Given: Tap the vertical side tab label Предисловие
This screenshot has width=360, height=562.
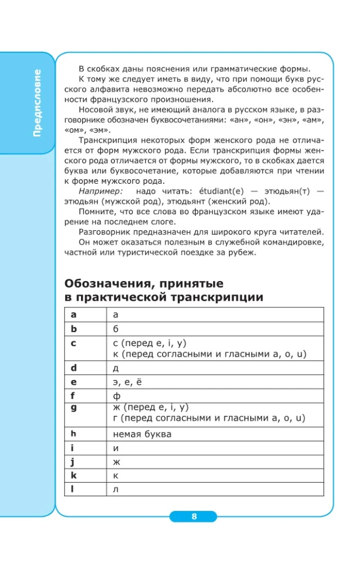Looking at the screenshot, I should pos(37,103).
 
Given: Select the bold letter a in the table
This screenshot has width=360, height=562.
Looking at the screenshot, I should pos(73,315).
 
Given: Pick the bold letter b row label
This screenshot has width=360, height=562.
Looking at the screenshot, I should pos(73,328).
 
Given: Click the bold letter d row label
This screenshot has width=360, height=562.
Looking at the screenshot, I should pos(73,368).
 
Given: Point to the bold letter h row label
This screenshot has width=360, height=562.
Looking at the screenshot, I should pos(73,433).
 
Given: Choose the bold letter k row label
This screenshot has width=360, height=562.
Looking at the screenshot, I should pos(73,475).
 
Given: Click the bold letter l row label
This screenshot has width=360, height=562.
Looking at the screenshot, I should pos(73,489).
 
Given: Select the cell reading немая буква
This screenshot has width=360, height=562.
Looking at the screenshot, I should pos(142,434).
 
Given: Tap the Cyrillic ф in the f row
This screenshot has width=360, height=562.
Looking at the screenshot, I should pos(117,396).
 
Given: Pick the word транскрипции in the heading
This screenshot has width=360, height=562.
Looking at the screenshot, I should pos(211,297).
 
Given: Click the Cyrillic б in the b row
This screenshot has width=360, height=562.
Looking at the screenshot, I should pos(116,328).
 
